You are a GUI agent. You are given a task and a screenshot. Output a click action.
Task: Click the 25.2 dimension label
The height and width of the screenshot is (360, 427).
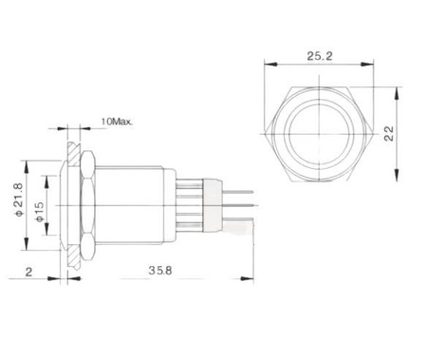[320, 56]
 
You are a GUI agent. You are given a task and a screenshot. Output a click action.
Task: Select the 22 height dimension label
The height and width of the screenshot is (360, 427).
[390, 134]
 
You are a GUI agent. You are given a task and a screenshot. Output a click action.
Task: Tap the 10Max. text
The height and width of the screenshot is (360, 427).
[117, 122]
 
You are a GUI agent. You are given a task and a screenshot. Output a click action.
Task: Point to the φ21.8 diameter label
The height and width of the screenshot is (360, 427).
[19, 199]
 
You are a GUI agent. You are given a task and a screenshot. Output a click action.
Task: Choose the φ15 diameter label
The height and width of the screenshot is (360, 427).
[39, 212]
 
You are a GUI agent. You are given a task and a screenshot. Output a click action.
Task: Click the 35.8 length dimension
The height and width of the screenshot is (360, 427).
[160, 271]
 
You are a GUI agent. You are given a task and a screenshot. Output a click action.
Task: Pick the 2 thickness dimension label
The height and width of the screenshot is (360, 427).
[28, 272]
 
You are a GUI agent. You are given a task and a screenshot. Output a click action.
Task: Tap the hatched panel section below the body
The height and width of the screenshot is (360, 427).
[74, 256]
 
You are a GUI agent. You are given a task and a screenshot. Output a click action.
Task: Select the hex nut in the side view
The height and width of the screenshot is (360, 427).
[88, 205]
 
